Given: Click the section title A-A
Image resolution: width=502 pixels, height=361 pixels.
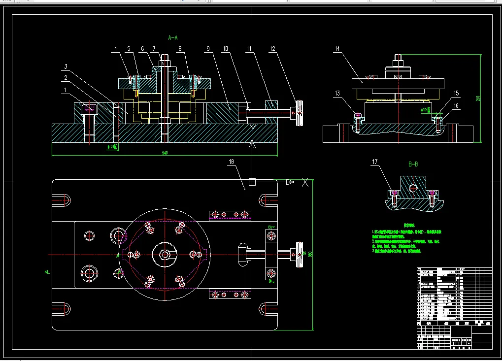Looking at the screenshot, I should coord(173,37).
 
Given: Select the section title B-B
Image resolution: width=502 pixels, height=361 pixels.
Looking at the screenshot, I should coord(413,164).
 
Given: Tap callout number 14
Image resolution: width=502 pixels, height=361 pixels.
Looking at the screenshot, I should coord(337,49).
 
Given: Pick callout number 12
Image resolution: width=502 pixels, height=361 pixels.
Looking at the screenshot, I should coord(272,49).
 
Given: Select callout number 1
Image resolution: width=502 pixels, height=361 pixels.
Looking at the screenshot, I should coord(65,90).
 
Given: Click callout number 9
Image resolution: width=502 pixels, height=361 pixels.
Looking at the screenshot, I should coord(208,49).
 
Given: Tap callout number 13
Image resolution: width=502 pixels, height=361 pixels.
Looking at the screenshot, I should coord(337,94).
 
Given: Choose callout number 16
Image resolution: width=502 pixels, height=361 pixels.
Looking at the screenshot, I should coord(456,105).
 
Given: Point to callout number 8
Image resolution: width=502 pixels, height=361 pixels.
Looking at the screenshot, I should coord(180,49).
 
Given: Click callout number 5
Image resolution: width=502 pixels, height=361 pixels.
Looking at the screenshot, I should coord(129,49).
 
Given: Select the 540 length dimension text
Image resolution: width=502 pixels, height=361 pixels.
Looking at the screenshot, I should coord(165,153).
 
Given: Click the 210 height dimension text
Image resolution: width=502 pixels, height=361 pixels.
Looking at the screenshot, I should coord(477,98).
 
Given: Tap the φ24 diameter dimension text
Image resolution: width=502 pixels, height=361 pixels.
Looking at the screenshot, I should coord(112,146).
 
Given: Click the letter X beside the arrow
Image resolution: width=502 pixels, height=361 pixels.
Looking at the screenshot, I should coord(306,182).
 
